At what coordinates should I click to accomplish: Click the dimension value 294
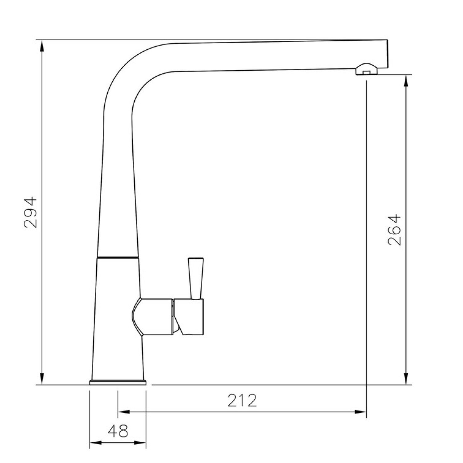pyautogui.click(x=30, y=212)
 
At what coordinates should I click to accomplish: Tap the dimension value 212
pyautogui.click(x=242, y=401)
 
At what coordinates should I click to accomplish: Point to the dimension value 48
pyautogui.click(x=118, y=431)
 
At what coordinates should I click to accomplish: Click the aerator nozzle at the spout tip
pyautogui.click(x=366, y=69)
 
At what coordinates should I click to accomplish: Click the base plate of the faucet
pyautogui.click(x=118, y=383)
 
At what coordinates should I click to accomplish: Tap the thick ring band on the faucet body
pyautogui.click(x=118, y=257)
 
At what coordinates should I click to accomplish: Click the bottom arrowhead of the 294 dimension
pyautogui.click(x=42, y=379)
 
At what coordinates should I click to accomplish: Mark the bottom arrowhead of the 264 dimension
pyautogui.click(x=406, y=379)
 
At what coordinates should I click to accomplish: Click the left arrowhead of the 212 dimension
pyautogui.click(x=123, y=412)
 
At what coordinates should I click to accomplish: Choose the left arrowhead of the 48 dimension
pyautogui.click(x=95, y=443)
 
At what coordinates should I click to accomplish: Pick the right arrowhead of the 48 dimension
pyautogui.click(x=140, y=443)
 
